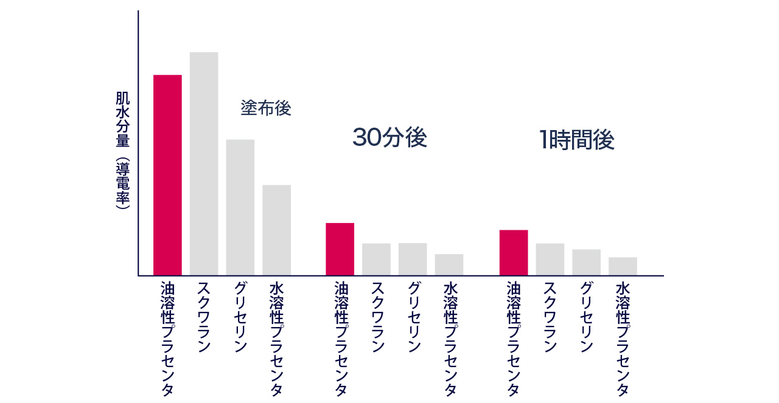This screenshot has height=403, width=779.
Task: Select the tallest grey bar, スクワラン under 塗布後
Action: point(204,164)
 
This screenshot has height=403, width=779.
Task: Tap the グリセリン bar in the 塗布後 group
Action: point(240,207)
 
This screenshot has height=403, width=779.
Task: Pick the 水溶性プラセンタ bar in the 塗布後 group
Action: point(276,230)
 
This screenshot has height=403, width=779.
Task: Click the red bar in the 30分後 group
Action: point(340,249)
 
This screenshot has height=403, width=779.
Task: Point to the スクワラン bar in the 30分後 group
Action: point(376,260)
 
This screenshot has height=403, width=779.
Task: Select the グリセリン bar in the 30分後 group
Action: point(413,259)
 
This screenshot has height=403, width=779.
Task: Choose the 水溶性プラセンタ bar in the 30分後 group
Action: point(449,264)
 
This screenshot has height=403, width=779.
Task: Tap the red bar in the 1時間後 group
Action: point(514,253)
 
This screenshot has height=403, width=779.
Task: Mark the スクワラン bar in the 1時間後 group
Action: point(550,260)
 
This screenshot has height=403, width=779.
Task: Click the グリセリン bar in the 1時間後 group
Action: point(586,263)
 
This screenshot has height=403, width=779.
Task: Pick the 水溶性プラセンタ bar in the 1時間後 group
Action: point(623,266)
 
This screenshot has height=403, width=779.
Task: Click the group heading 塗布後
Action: point(266,108)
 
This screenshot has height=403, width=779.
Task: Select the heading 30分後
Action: point(389,138)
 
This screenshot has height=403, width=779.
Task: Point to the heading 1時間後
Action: point(576,140)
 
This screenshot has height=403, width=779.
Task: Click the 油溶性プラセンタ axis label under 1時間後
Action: point(514,338)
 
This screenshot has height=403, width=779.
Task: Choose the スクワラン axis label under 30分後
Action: point(377,317)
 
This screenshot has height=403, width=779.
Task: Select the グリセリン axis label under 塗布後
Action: point(240,317)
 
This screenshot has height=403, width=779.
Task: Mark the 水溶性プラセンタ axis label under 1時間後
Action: point(623,338)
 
